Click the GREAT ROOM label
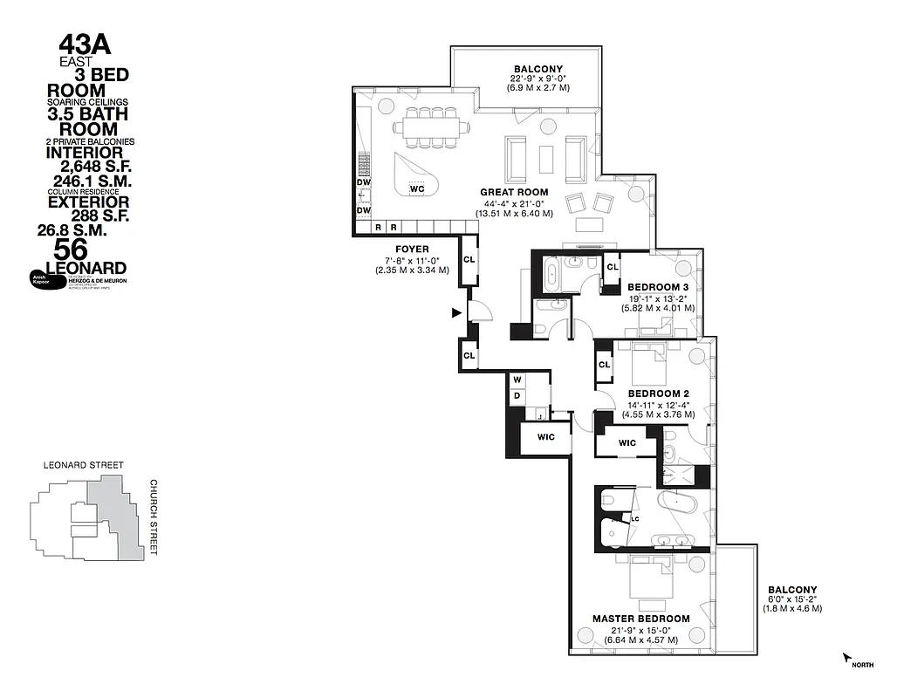[514, 192]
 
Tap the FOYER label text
[412, 250]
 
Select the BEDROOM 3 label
[655, 287]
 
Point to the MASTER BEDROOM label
[640, 619]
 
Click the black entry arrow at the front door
[455, 312]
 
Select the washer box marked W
[517, 380]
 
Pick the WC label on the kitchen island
[417, 188]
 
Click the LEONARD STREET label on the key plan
[83, 466]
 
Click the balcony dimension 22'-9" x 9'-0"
[538, 79]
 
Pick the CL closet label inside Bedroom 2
[603, 365]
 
